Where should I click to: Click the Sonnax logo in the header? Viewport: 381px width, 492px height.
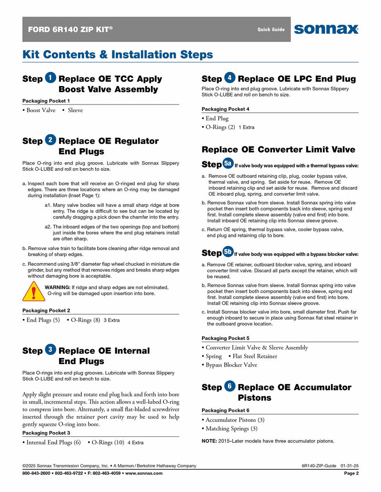coord(326,29)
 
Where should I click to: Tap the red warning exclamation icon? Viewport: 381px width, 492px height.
coord(34,291)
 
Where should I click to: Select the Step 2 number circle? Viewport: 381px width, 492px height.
coord(51,140)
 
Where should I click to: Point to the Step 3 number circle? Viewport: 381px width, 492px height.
coord(51,350)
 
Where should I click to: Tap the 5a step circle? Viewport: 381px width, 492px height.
coord(228,164)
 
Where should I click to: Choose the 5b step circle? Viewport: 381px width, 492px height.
coord(228,252)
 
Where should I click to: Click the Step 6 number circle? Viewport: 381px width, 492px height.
coord(230,386)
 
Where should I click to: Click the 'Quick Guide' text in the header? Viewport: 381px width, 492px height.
coord(271,29)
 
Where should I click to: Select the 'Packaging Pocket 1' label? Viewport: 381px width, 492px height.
coord(46,101)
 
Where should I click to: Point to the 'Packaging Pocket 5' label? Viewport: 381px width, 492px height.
coord(225,338)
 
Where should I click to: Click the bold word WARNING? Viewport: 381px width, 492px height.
coord(57,287)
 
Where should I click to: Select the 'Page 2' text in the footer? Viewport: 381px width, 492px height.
coord(351,473)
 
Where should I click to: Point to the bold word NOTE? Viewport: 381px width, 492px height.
coord(209,441)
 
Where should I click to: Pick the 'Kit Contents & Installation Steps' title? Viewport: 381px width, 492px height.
coord(118,55)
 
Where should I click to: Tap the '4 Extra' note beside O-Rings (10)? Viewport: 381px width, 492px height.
coord(135,443)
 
